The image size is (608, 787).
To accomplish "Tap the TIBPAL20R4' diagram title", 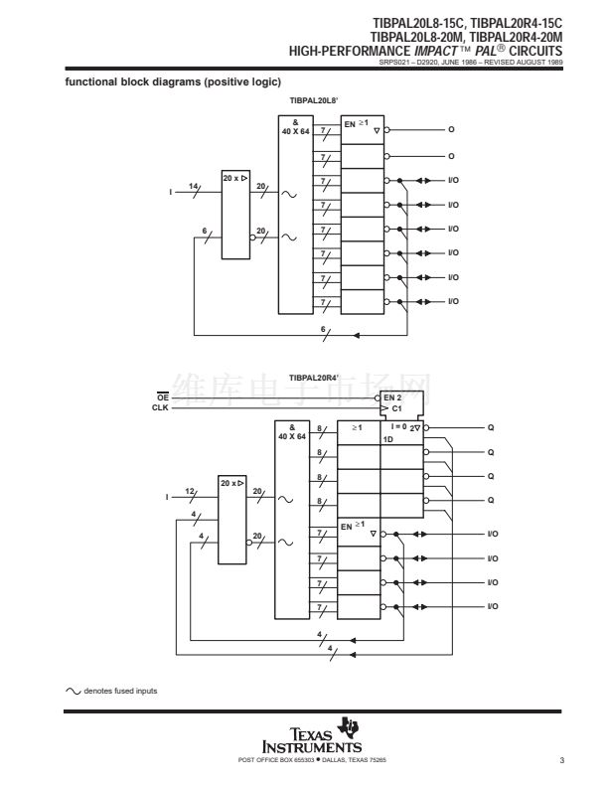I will pos(314,379).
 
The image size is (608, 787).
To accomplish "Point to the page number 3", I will pos(561,761).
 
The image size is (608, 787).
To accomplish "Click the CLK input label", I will pos(161,407).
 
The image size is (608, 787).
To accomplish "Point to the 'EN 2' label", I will pos(392,397).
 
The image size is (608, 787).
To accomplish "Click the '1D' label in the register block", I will pos(389,437).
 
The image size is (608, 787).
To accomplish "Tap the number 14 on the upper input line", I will pos(194,186).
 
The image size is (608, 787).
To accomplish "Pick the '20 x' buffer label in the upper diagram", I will pos(234,177).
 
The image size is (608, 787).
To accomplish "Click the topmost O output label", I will pos(451,130).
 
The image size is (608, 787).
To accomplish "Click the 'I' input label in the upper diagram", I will pos(173,192).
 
